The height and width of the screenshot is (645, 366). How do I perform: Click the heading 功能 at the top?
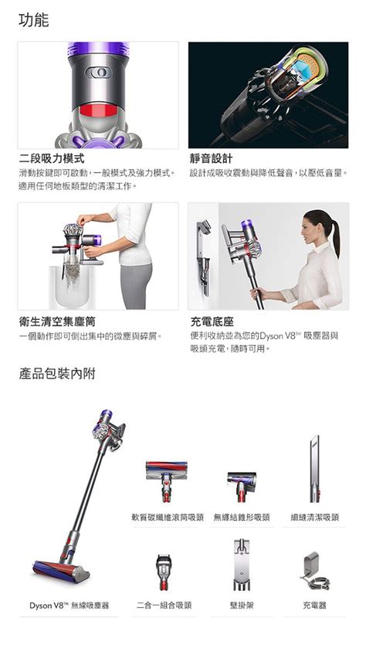point(34,20)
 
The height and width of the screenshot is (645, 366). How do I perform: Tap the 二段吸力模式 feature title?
point(52,158)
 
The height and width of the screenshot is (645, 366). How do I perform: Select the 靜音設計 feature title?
point(211,158)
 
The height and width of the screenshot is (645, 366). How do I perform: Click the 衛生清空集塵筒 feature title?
point(59,321)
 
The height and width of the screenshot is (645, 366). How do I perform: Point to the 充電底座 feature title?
point(212,321)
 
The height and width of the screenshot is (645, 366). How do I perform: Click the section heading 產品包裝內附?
point(57,374)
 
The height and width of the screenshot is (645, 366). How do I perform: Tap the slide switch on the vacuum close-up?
point(98,73)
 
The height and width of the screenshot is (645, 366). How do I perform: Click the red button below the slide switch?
point(98,110)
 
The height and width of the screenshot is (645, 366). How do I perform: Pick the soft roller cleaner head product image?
point(166,481)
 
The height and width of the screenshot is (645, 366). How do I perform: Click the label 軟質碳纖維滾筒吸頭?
point(167,517)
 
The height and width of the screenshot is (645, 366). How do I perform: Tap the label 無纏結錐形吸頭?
point(242,517)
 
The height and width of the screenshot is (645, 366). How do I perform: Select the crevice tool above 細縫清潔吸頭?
point(314,469)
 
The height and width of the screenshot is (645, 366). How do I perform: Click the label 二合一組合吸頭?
point(164,605)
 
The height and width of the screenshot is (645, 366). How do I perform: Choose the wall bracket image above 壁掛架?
point(242,565)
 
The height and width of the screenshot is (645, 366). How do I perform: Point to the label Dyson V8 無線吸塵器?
point(69,605)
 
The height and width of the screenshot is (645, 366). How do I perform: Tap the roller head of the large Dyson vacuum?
point(61,571)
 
